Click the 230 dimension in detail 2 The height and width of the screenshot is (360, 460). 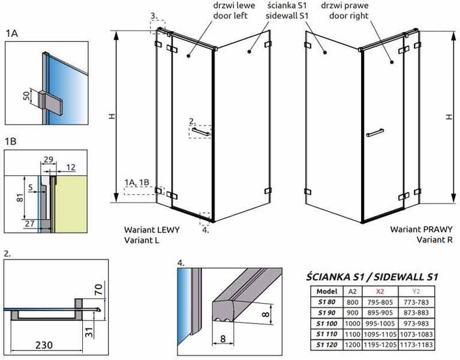(44, 344)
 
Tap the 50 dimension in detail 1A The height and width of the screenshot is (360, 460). (26, 95)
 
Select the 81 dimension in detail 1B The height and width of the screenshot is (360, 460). (20, 197)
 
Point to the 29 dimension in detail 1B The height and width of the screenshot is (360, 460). (48, 160)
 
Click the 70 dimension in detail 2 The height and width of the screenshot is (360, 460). (98, 289)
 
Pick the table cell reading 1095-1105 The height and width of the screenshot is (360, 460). (380, 334)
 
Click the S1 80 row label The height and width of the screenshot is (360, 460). (326, 302)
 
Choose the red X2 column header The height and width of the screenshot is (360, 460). (380, 292)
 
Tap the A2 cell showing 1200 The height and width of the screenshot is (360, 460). (352, 345)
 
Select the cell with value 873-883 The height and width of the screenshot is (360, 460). (416, 313)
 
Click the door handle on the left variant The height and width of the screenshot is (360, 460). (202, 132)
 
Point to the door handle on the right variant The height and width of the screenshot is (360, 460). (375, 133)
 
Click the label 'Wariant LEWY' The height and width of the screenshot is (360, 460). (152, 229)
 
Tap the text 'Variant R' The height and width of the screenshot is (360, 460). (434, 239)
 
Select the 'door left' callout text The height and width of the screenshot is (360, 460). (230, 16)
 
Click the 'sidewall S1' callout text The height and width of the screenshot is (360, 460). (287, 16)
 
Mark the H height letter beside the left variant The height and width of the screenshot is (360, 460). (112, 116)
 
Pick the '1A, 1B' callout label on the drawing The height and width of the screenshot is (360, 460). (137, 182)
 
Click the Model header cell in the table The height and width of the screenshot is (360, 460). (327, 292)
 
